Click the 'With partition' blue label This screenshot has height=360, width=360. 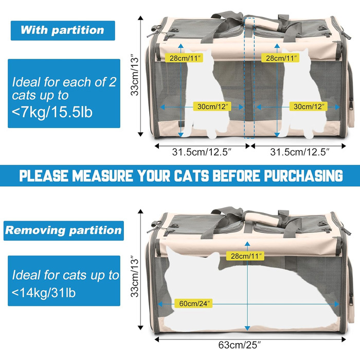pos(63,30)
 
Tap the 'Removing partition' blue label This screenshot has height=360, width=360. pos(64,230)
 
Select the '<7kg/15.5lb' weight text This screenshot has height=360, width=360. pos(52,112)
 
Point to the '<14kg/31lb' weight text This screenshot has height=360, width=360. pos(44,293)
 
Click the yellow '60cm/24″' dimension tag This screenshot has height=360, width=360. pos(193,303)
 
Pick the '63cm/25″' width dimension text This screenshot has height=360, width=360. pos(240,345)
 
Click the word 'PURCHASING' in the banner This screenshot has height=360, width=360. pos(303,176)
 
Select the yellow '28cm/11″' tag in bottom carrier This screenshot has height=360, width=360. pos(245,256)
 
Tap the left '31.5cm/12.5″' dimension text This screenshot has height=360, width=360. pos(202,152)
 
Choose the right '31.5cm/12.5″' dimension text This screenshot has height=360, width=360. pos(300,152)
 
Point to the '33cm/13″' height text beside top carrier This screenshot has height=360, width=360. pos(135,75)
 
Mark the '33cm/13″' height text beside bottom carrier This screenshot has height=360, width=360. pos(135,277)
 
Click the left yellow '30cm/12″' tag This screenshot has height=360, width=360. pos(212,106)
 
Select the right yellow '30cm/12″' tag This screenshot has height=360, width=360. pos(309,106)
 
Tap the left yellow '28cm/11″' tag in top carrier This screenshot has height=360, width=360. pos(184,58)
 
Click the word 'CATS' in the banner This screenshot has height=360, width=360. pos(191,176)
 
